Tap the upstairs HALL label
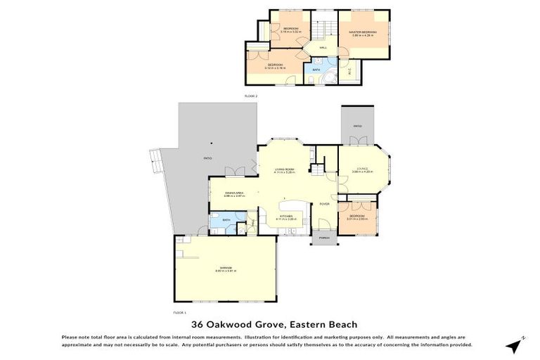point(323,47)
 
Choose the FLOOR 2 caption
point(251,95)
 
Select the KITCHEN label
point(285,217)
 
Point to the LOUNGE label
point(362,169)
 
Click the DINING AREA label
point(233,193)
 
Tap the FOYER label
point(325,204)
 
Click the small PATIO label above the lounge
point(358,127)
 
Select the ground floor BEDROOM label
point(356,217)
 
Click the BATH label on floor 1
point(226,221)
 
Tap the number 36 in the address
point(198,324)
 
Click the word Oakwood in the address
point(233,324)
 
